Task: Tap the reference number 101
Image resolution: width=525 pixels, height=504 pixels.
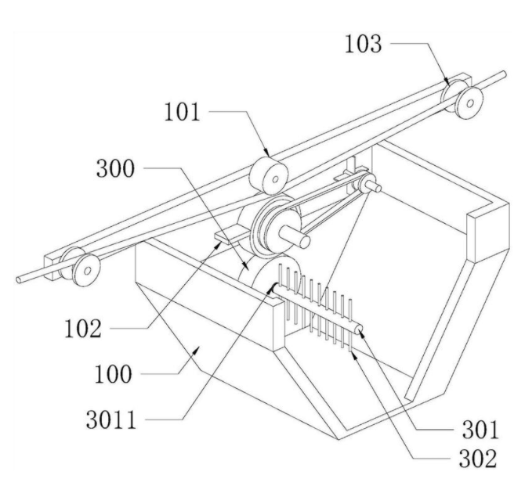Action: click(183, 113)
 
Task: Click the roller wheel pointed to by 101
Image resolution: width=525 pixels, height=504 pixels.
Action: click(267, 174)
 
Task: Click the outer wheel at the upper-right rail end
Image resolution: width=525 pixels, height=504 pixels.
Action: click(471, 101)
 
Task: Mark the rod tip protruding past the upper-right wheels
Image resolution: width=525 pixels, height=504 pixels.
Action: click(498, 78)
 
